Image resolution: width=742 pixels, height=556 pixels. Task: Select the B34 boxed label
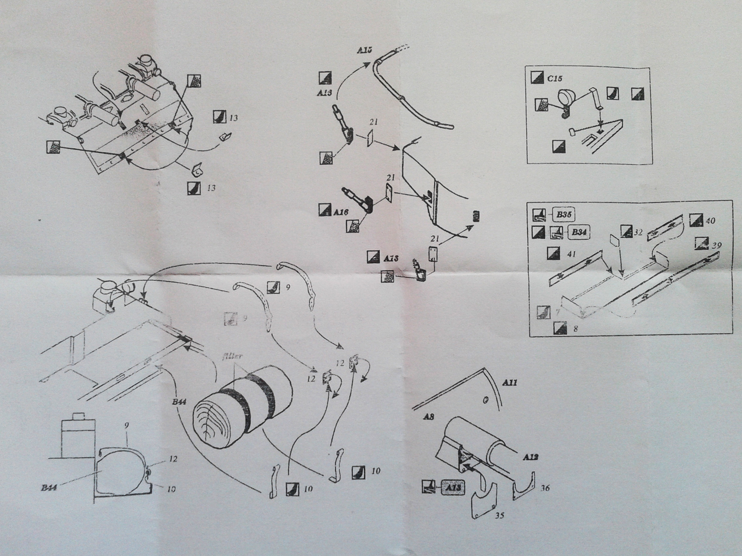(577, 233)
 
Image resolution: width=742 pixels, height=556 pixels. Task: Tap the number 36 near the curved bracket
(545, 488)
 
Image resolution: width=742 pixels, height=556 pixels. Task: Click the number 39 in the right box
(716, 246)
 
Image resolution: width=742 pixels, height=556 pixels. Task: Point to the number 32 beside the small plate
(638, 233)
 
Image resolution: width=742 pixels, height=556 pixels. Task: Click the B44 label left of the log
(179, 402)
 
